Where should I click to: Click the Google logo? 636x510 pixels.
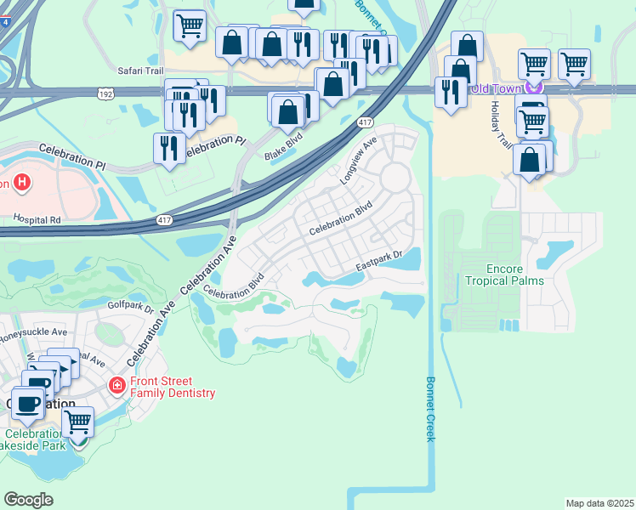pos(28,499)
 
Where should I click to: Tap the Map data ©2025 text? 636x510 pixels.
pos(599,502)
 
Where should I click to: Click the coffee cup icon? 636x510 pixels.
pos(26,403)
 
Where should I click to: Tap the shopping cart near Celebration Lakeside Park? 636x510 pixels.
pos(78,421)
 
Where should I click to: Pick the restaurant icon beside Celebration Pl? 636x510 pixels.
pos(169,148)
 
